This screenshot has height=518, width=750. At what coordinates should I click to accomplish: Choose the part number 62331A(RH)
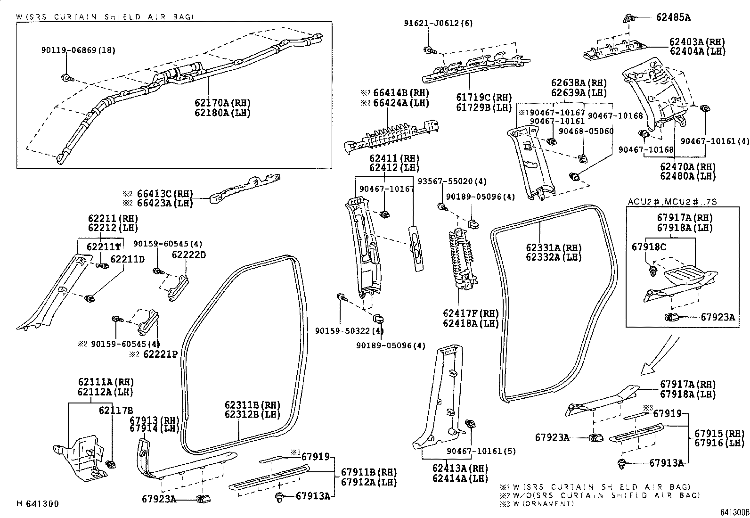(x=554, y=248)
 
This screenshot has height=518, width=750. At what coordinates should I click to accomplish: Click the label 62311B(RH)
(x=252, y=405)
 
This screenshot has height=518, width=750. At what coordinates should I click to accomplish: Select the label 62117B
(x=116, y=411)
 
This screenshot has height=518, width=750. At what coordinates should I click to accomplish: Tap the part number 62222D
(x=188, y=255)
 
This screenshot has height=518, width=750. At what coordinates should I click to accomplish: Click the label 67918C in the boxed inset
(x=649, y=247)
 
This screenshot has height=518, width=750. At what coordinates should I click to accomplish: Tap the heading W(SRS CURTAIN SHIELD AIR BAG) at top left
(x=105, y=17)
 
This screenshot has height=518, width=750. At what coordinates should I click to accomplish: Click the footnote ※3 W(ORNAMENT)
(x=538, y=503)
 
